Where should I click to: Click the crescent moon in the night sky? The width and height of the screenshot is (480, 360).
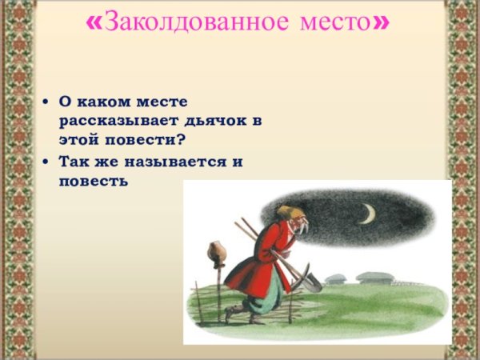(x=367, y=214)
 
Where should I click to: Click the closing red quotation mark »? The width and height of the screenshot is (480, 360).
(x=382, y=22)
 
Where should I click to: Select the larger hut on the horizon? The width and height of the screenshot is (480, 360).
(x=374, y=277)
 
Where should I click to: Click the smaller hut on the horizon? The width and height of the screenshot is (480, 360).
(x=336, y=279)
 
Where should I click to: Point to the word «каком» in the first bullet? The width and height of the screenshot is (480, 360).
(x=105, y=102)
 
